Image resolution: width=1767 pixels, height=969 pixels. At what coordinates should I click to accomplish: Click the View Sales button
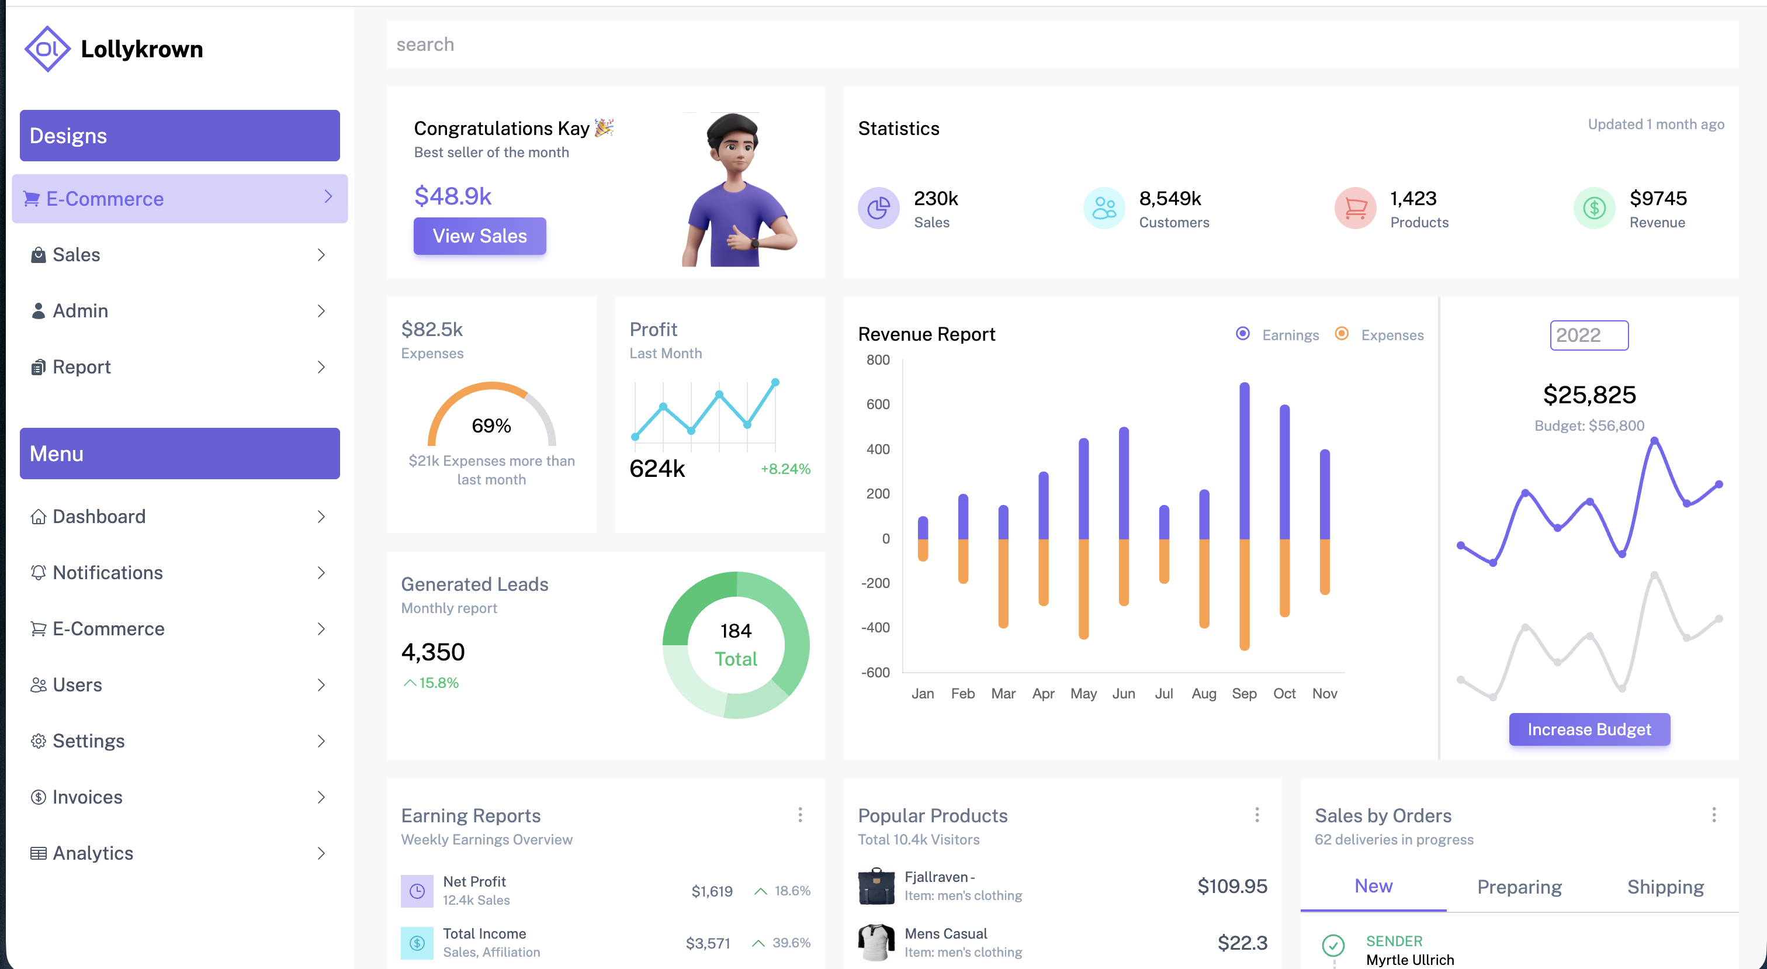(x=480, y=236)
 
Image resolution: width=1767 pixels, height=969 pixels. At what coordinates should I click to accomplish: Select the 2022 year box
(x=1589, y=335)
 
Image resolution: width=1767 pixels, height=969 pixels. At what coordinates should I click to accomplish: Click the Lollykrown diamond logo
(x=47, y=49)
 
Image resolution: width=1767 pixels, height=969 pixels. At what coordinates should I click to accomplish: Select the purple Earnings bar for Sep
(x=1244, y=460)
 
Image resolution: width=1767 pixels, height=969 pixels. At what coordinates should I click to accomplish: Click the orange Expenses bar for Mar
(x=1003, y=583)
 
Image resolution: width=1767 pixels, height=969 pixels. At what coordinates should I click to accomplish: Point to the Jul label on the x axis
(x=1163, y=694)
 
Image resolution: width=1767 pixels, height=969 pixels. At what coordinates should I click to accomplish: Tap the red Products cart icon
(x=1356, y=208)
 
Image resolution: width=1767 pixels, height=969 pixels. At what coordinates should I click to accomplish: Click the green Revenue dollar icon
(x=1594, y=208)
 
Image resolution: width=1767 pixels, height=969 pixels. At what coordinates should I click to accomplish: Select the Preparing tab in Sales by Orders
(x=1519, y=887)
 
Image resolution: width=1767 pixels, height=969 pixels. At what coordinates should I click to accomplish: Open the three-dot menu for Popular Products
(x=1257, y=815)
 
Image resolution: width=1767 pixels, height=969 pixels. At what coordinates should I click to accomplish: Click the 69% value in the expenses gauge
(x=491, y=426)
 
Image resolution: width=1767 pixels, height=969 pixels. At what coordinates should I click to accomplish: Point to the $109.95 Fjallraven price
(x=1232, y=886)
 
